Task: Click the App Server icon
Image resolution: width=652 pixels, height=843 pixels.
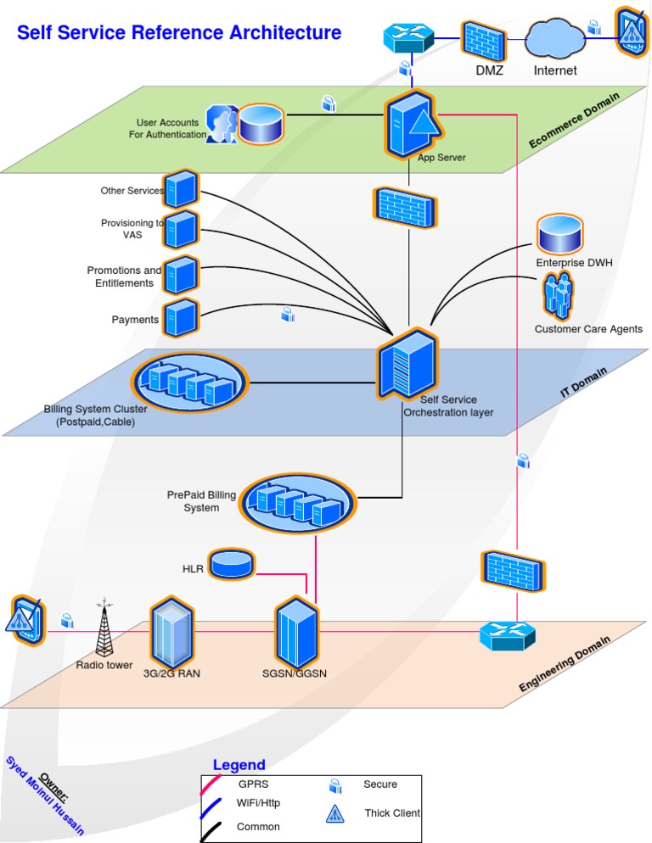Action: click(413, 126)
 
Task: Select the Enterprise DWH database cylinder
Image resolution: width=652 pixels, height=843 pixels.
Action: click(559, 233)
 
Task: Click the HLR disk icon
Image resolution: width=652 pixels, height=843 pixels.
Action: click(232, 564)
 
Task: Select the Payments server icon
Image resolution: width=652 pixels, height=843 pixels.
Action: click(181, 318)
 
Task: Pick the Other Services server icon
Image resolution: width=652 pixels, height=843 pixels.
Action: click(181, 189)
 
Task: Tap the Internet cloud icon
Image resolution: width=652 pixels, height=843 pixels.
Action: click(555, 37)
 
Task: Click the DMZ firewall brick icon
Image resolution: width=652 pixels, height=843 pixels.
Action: click(484, 39)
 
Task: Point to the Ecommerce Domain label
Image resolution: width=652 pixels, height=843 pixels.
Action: click(574, 120)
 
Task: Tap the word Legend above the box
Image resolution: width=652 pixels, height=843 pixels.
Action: click(239, 765)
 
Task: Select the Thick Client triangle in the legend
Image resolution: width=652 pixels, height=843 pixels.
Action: click(335, 813)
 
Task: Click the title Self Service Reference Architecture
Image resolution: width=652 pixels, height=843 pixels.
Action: click(179, 33)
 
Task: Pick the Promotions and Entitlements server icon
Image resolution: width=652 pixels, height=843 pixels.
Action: click(181, 275)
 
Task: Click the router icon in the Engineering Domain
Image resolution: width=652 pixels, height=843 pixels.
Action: click(508, 635)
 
